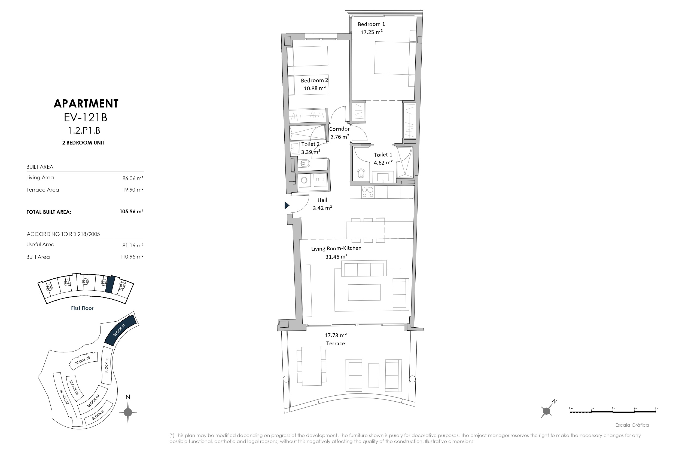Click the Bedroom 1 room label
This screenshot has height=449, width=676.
pos(371,24)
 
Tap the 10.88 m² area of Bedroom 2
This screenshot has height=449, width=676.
pos(314,88)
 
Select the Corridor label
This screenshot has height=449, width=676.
pos(339,129)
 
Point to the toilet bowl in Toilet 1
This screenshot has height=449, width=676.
pos(361,174)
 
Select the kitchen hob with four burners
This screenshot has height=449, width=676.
pos(368,192)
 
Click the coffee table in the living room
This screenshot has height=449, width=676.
pos(364,292)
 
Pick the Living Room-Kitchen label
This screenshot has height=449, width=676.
pos(336,248)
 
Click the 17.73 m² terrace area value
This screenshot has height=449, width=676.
pos(336,335)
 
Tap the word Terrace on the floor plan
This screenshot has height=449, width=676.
pos(335,343)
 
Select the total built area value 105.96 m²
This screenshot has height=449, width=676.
pos(132,212)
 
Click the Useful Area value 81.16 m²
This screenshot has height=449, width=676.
pos(133,245)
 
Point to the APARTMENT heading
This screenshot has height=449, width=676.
pos(86,104)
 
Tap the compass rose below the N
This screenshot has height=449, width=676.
pos(128,412)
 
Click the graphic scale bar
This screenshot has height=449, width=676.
pos(613,411)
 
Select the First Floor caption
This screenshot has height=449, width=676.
pos(82,308)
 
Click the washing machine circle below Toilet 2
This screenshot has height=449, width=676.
pos(304,180)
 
